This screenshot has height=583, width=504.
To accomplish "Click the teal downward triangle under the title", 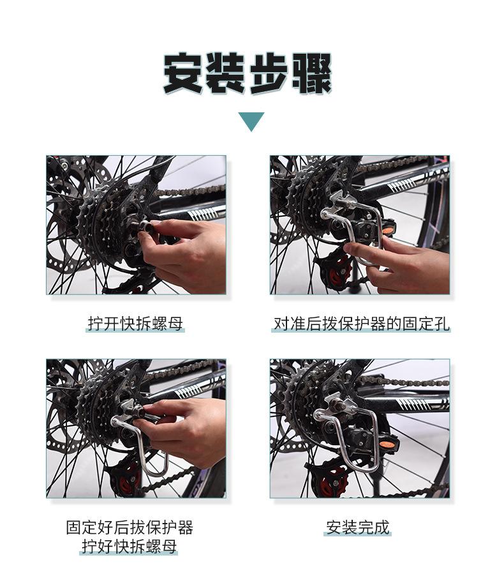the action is pyautogui.click(x=251, y=121).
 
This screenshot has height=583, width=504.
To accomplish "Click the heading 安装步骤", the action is pyautogui.click(x=248, y=73).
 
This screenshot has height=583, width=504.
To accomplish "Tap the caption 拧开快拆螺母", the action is pyautogui.click(x=135, y=324).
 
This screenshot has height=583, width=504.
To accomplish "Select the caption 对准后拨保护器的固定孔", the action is pyautogui.click(x=361, y=324).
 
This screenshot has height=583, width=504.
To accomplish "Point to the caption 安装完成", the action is pyautogui.click(x=358, y=527).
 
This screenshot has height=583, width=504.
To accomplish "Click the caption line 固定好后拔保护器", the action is pyautogui.click(x=130, y=527).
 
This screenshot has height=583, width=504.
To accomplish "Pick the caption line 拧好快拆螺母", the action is pyautogui.click(x=130, y=546).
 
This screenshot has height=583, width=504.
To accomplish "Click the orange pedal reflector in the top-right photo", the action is pyautogui.click(x=388, y=231).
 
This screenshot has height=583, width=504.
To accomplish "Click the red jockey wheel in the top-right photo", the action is pyautogui.click(x=338, y=273).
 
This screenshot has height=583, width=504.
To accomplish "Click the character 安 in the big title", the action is pyautogui.click(x=183, y=73).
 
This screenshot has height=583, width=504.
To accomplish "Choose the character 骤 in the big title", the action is pyautogui.click(x=311, y=73).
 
